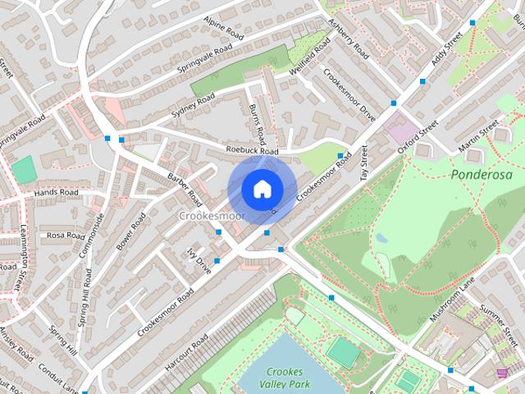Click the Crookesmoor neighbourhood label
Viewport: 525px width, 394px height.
pos(211,215)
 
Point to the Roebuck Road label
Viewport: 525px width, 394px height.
pos(253,151)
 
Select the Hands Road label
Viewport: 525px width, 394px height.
pos(56,193)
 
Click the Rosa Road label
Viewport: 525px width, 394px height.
pos(66,236)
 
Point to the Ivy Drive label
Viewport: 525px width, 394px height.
pos(199,259)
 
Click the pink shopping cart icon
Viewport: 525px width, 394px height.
pos(501,373)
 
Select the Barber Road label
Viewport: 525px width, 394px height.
pos(184,188)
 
